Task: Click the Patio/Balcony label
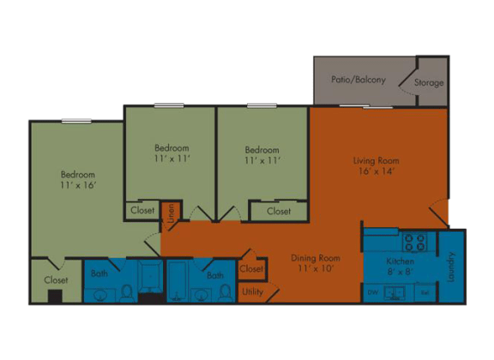[358, 80]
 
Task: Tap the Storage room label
[429, 83]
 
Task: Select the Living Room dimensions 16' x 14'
[377, 171]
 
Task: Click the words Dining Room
[316, 257]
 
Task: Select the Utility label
[252, 291]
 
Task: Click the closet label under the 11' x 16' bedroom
[56, 279]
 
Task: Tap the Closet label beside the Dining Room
[251, 269]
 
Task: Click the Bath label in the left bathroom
[99, 274]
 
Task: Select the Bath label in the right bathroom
[214, 275]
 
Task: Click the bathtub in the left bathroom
[151, 279]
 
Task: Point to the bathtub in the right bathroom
[180, 279]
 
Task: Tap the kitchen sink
[395, 292]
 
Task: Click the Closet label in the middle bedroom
[142, 209]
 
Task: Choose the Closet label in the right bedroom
[278, 211]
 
